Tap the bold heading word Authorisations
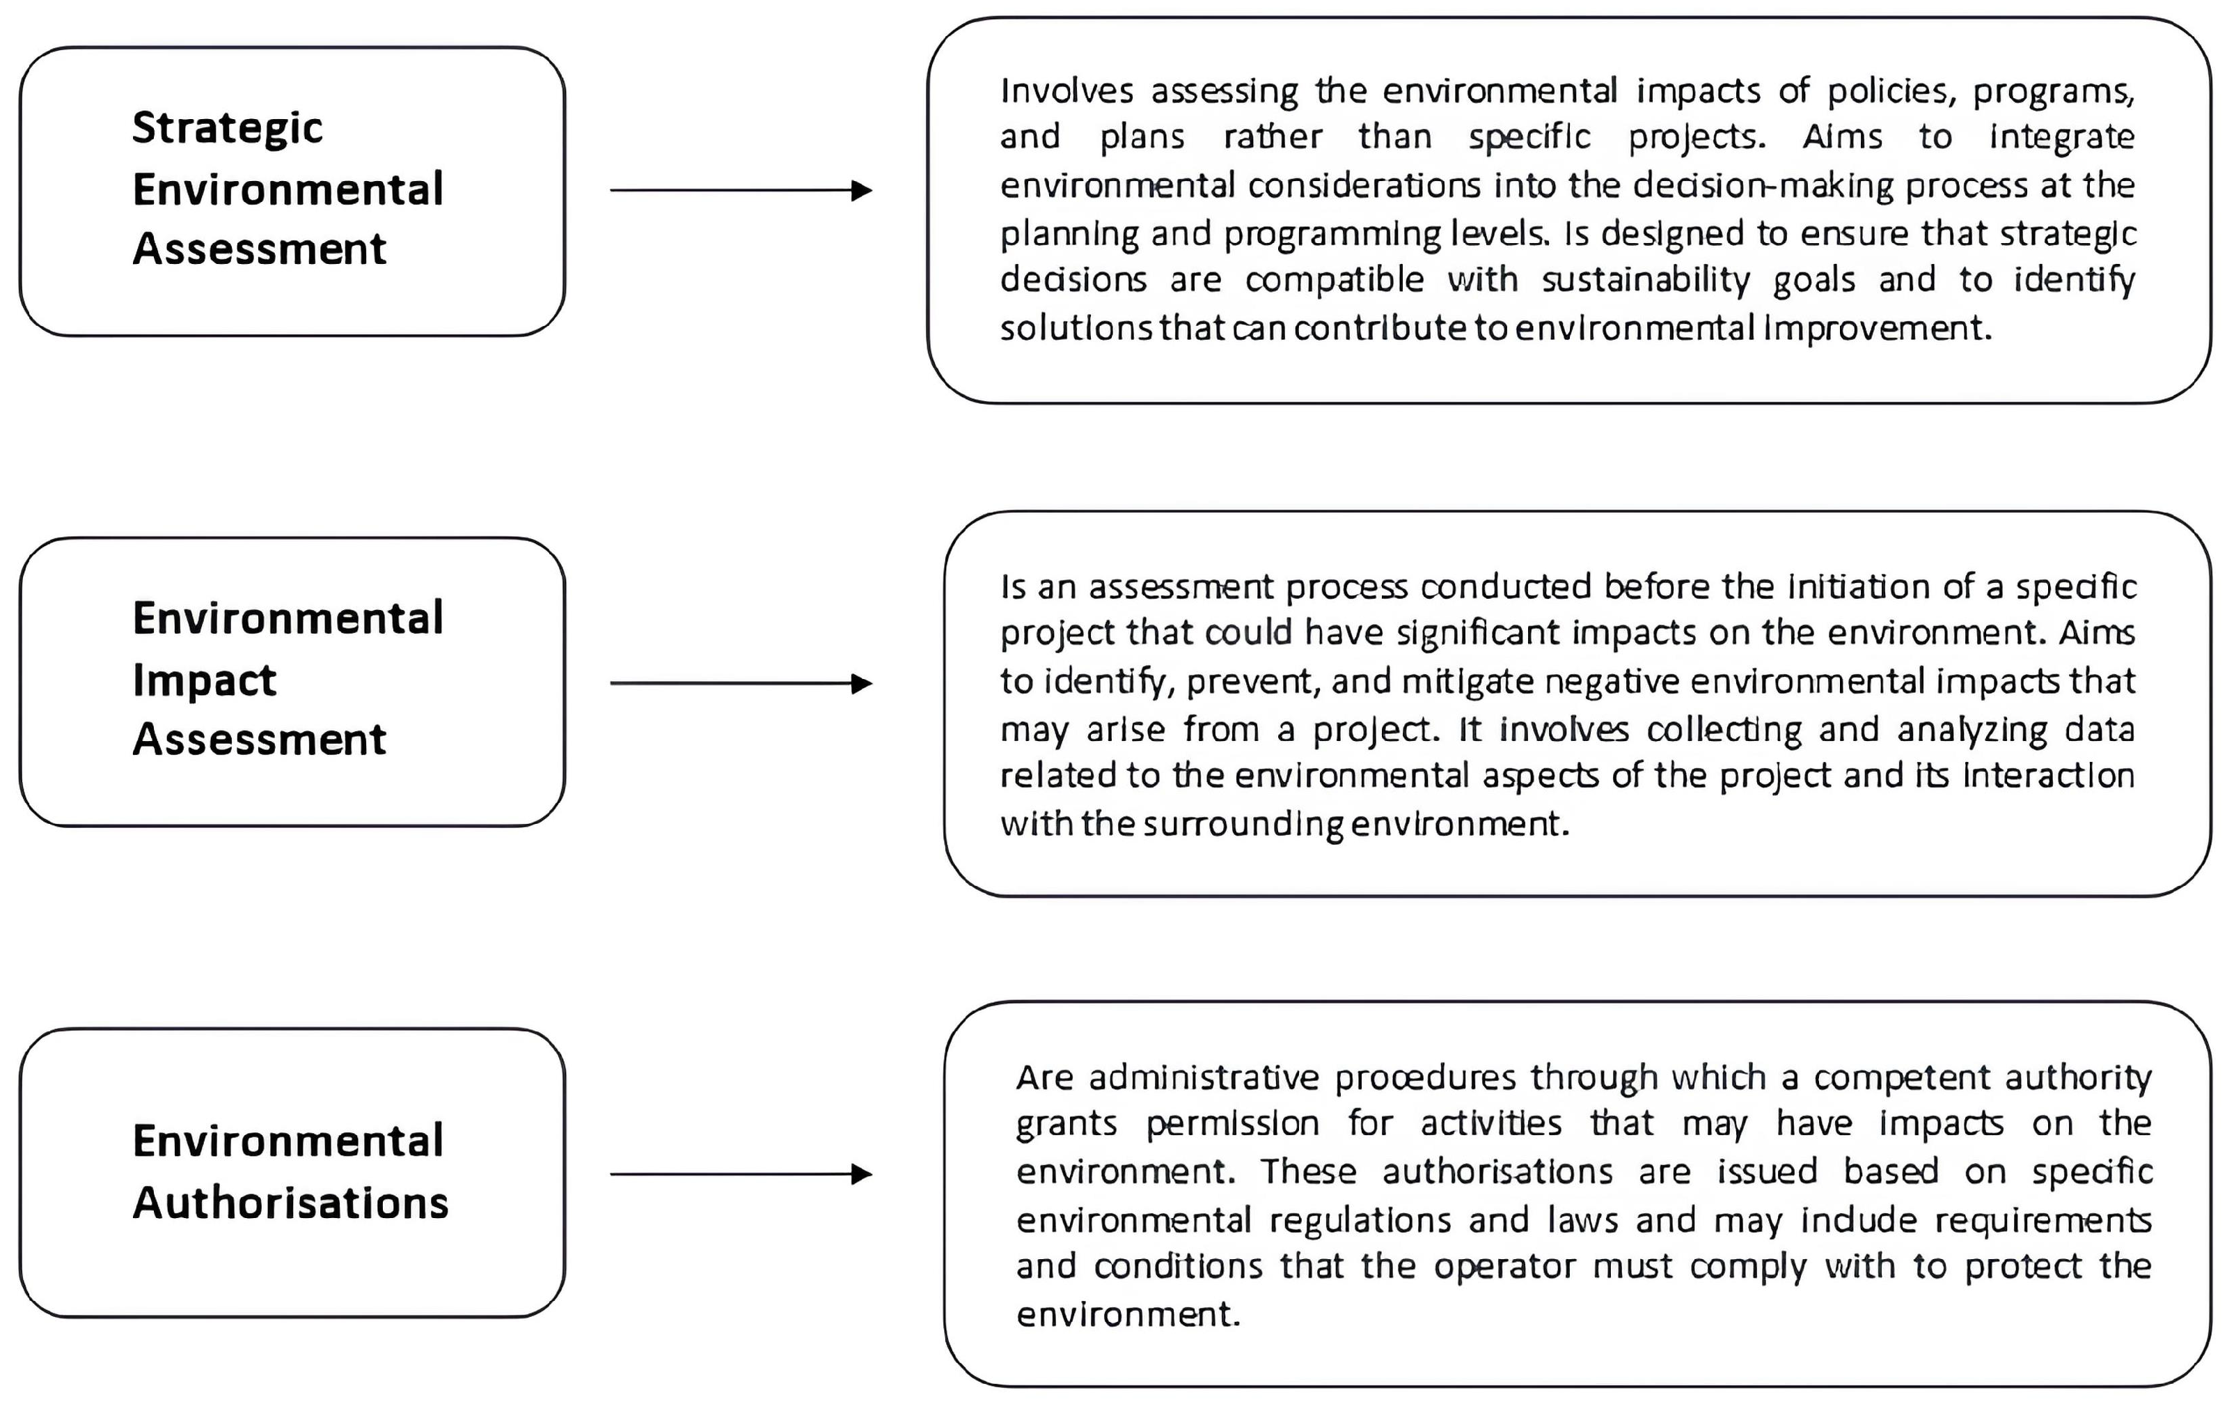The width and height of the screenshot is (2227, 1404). click(x=290, y=1202)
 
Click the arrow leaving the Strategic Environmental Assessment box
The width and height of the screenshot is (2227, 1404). click(x=740, y=191)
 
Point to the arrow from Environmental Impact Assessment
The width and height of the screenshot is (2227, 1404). click(x=740, y=683)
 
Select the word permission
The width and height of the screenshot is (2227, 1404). click(x=1232, y=1124)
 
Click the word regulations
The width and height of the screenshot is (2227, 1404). click(x=1360, y=1221)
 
